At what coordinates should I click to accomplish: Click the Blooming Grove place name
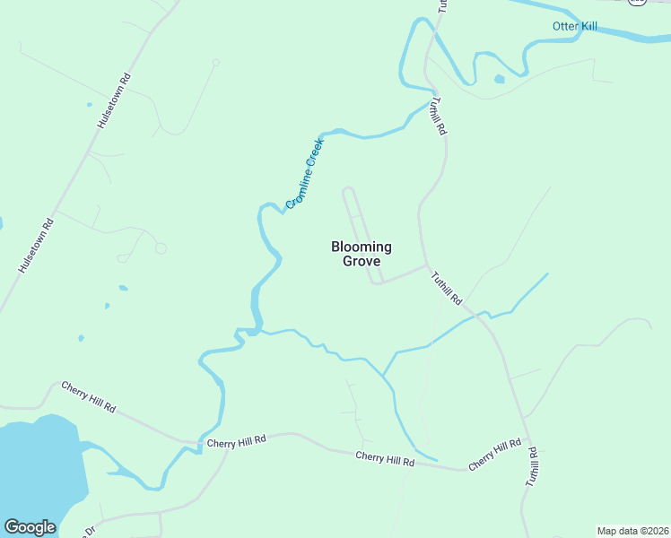pos(362,254)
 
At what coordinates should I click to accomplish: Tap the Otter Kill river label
pos(575,27)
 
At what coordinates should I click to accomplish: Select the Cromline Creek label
pos(304,173)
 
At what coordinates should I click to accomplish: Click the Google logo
pos(30,527)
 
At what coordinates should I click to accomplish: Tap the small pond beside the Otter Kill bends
pos(499,79)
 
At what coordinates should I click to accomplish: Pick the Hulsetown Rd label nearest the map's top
pos(114,101)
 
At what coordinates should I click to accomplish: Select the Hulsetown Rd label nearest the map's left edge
pos(37,245)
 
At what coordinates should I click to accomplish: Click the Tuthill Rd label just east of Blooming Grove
pos(446,287)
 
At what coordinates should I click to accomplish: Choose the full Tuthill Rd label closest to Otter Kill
pos(437,117)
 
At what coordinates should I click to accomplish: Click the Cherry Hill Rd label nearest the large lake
pos(89,396)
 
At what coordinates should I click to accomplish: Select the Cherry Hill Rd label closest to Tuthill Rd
pos(494,455)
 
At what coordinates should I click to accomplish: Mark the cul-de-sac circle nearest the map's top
pos(215,62)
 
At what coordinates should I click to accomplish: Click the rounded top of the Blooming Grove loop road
pos(349,189)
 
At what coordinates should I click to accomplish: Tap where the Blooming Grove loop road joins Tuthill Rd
pos(427,265)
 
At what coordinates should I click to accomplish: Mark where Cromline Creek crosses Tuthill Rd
pos(432,100)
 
